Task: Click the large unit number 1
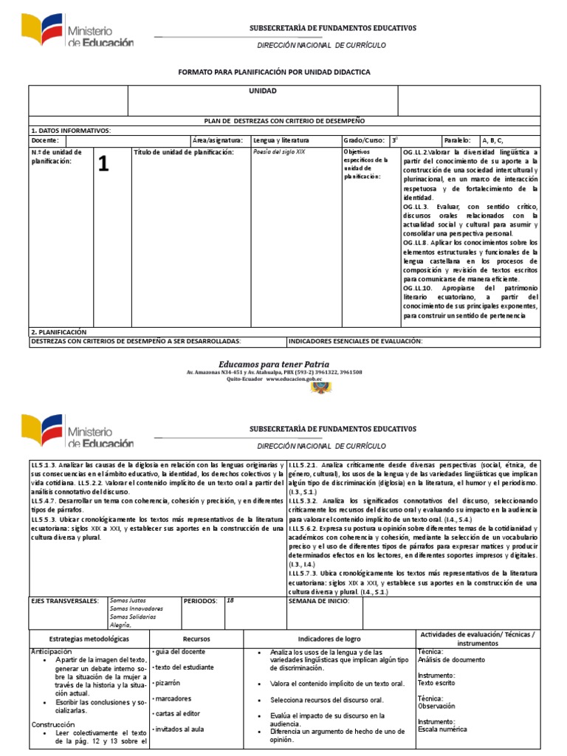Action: point(103,166)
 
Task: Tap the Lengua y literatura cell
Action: point(281,140)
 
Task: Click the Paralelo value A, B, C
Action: point(492,140)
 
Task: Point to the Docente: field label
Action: point(45,140)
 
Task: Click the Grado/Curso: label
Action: point(364,140)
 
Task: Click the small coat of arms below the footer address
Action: point(325,387)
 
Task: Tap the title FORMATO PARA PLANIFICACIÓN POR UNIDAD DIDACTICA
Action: point(274,72)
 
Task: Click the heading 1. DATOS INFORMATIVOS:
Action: point(71,130)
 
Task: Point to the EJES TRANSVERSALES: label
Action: point(65,601)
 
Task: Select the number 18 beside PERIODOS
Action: point(230,601)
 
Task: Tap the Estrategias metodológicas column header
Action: point(89,638)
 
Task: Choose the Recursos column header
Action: point(196,638)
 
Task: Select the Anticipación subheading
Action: point(52,652)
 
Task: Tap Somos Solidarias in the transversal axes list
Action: point(133,616)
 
